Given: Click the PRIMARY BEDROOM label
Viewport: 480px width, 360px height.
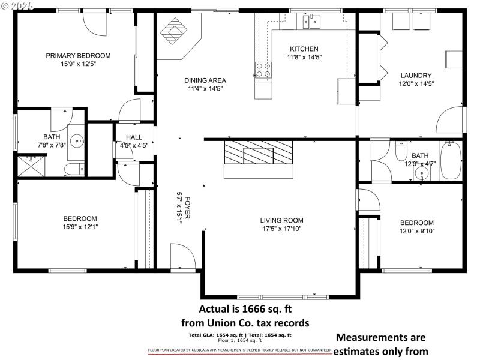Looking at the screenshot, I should (x=78, y=55).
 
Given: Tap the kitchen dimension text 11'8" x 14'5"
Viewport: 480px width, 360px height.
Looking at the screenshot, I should (x=304, y=58).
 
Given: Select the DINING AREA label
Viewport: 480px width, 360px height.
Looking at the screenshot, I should (x=205, y=80).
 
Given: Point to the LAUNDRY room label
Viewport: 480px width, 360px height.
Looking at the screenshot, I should (x=416, y=75).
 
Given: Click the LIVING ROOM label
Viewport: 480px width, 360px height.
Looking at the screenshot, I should (x=281, y=220).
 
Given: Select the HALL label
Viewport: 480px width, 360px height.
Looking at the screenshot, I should (x=134, y=137).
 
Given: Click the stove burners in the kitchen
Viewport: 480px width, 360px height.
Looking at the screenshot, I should (x=263, y=70).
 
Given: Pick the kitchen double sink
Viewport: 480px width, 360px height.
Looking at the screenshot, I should (x=311, y=23).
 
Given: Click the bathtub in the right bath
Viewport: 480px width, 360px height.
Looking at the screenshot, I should (x=451, y=160).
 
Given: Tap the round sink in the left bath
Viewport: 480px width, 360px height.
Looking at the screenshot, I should (x=77, y=142).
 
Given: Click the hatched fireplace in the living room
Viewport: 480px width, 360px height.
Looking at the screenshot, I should (x=258, y=154).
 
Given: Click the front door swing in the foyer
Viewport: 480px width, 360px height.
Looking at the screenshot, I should (x=182, y=256).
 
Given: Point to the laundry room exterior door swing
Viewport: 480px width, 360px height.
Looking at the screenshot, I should (x=451, y=119).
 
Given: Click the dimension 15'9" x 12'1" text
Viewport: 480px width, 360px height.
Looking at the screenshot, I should (x=80, y=227).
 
